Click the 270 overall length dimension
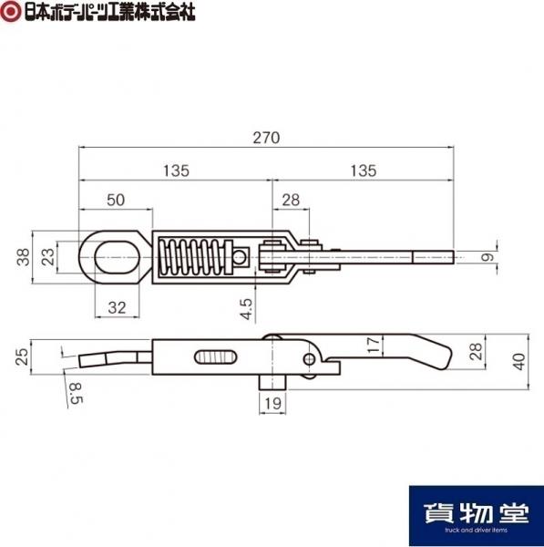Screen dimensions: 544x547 click(266, 138)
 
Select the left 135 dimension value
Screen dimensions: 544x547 click(176, 170)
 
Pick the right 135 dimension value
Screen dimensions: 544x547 click(363, 170)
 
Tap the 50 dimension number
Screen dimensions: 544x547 click(116, 200)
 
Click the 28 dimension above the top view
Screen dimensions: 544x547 click(291, 200)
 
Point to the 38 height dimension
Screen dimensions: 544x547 click(24, 257)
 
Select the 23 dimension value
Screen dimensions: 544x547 click(48, 257)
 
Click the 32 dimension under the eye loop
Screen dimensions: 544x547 click(117, 308)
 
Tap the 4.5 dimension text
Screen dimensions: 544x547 click(246, 309)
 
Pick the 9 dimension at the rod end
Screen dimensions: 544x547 click(488, 257)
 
